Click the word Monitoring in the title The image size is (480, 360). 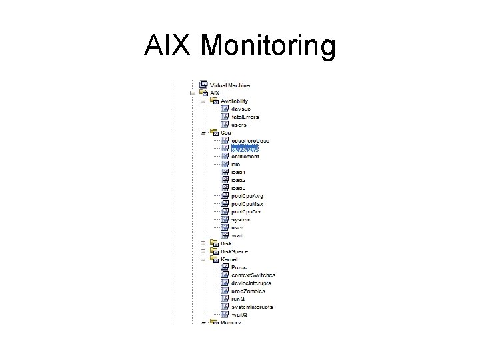pyautogui.click(x=268, y=47)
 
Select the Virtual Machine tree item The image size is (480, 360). pyautogui.click(x=230, y=85)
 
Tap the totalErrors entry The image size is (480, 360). pyautogui.click(x=245, y=117)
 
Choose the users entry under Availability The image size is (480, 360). pyautogui.click(x=239, y=125)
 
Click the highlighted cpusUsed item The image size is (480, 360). pyautogui.click(x=245, y=148)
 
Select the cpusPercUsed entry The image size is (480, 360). pyautogui.click(x=249, y=141)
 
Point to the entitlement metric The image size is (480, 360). pyautogui.click(x=245, y=157)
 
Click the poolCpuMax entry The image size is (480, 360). pyautogui.click(x=247, y=204)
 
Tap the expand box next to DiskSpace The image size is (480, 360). pyautogui.click(x=203, y=251)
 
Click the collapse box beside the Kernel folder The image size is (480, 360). pyautogui.click(x=203, y=259)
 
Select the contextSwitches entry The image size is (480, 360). pyautogui.click(x=253, y=275)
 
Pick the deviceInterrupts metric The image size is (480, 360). pyautogui.click(x=251, y=283)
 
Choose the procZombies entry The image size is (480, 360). pyautogui.click(x=249, y=291)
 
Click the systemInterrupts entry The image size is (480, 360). pyautogui.click(x=253, y=307)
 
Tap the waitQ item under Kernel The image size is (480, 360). pyautogui.click(x=239, y=315)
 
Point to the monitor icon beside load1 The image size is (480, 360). pyautogui.click(x=225, y=172)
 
